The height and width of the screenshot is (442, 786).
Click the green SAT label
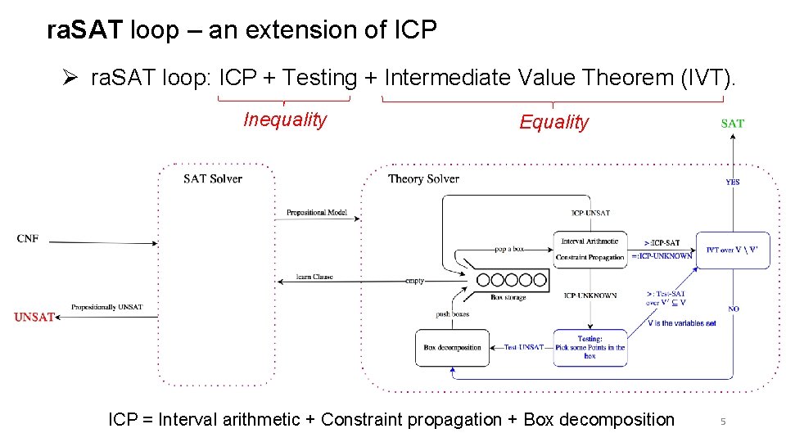point(732,124)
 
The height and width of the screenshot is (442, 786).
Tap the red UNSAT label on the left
point(34,317)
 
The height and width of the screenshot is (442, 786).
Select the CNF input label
point(28,239)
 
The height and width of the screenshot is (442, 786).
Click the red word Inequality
point(285,120)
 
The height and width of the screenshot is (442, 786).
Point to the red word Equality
point(553,123)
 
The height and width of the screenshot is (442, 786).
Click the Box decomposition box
point(452,347)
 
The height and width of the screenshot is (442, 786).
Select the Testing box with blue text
point(589,347)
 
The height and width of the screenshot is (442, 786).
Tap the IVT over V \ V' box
point(737,250)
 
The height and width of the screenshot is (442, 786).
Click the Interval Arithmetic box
point(593,241)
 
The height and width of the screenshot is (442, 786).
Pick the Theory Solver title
point(423,178)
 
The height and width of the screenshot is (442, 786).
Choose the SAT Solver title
point(213,178)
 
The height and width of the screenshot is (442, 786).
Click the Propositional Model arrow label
point(317,213)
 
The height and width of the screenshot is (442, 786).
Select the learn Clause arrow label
point(315,277)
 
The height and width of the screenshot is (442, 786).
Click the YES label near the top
point(732,182)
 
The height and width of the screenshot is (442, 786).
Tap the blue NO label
point(734,309)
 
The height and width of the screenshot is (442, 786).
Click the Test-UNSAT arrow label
point(523,347)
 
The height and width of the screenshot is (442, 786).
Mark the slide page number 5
point(723,422)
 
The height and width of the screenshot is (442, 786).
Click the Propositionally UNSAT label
point(106,307)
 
